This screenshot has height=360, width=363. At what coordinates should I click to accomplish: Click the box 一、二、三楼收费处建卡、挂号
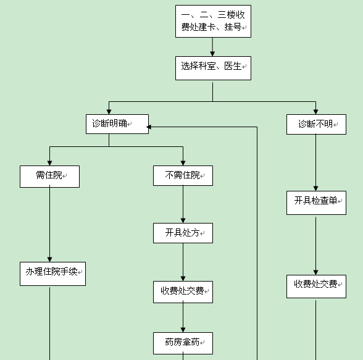click(x=213, y=21)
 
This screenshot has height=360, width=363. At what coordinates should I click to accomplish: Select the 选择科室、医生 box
click(x=213, y=69)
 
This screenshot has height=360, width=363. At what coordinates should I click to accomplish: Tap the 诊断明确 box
click(x=117, y=124)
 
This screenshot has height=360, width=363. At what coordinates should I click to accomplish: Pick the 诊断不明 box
click(x=316, y=124)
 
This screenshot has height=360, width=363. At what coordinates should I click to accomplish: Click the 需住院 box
click(x=49, y=177)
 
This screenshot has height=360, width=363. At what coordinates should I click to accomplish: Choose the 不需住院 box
click(x=183, y=176)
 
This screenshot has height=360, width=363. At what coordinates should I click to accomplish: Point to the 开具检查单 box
click(x=316, y=203)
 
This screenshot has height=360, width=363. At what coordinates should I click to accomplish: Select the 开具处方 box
click(x=183, y=233)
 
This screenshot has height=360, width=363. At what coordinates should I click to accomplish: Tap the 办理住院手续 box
click(x=53, y=274)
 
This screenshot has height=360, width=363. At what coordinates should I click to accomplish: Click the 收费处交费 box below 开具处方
click(x=183, y=292)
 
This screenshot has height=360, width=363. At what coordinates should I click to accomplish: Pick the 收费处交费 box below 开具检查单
click(x=316, y=287)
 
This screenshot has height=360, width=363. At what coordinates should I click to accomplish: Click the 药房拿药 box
click(x=183, y=343)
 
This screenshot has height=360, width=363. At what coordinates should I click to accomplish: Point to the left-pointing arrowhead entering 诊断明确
click(x=149, y=127)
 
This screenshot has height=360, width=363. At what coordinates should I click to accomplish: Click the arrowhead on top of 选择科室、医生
click(x=212, y=54)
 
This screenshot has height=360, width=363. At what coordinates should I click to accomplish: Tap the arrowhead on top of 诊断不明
click(x=315, y=112)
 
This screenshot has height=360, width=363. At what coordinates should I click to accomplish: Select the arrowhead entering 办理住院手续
click(x=49, y=259)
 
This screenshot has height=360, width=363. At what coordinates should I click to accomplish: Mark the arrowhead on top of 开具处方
click(x=183, y=220)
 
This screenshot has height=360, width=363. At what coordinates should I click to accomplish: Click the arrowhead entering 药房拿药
click(x=183, y=330)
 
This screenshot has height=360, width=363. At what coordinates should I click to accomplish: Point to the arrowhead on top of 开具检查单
click(x=315, y=188)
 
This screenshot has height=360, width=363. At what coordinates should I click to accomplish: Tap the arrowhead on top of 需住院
click(x=49, y=163)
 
